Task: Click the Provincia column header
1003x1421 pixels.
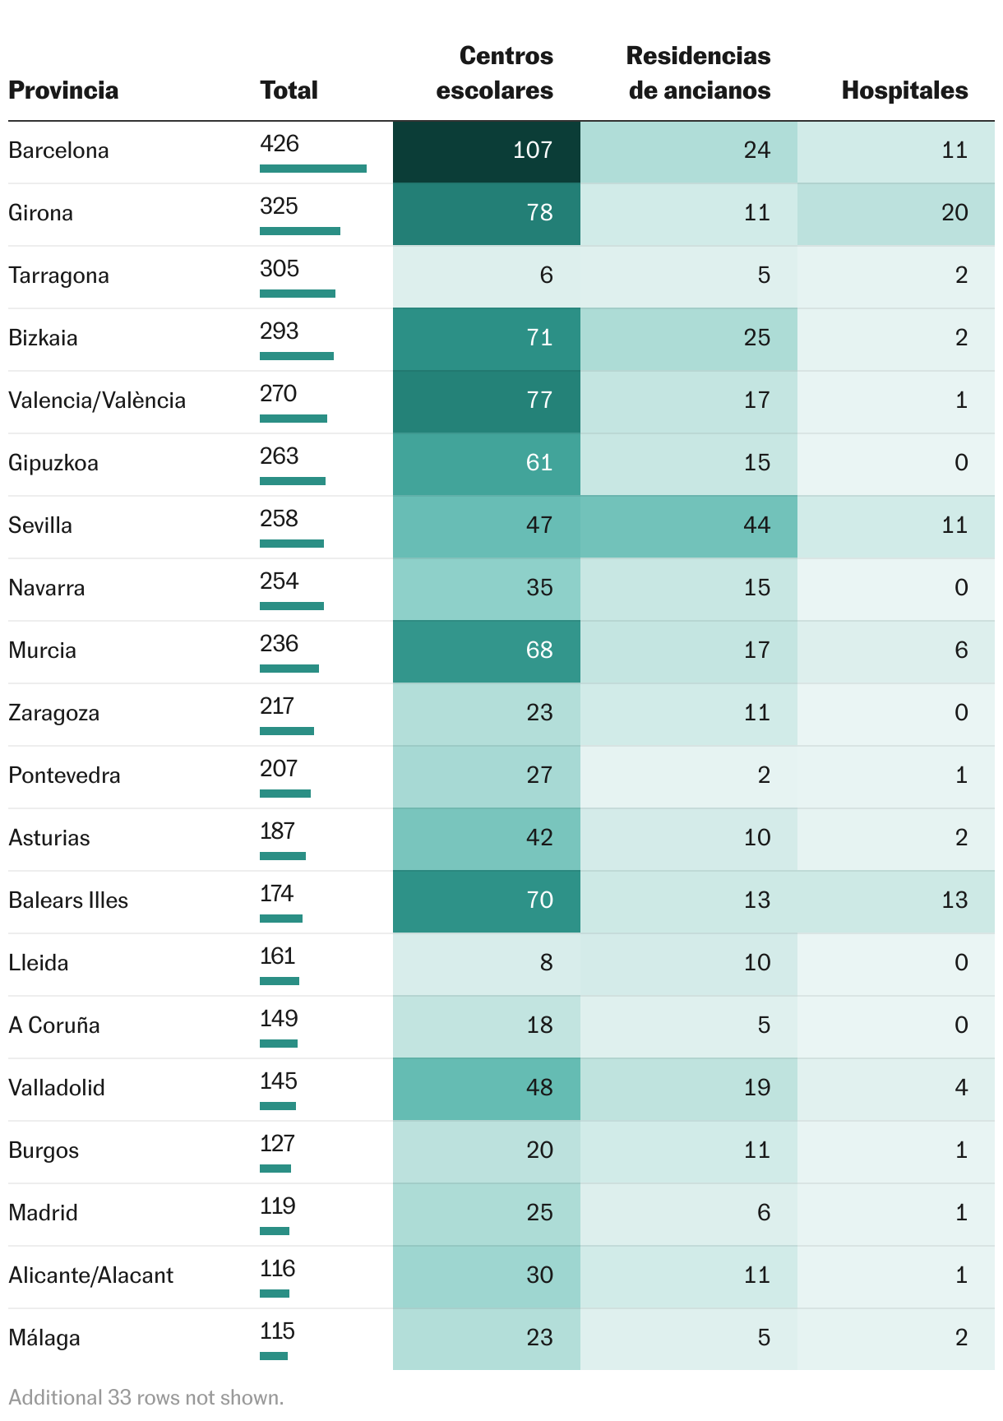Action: point(63,90)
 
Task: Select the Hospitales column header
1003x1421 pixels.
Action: point(904,90)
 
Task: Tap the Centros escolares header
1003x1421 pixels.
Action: point(495,72)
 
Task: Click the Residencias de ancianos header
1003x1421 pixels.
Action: point(699,72)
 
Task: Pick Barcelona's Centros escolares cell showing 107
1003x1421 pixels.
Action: point(532,150)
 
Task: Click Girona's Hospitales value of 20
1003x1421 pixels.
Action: point(954,213)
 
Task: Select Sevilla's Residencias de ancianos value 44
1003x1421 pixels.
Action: point(756,525)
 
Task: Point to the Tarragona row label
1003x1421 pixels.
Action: point(58,275)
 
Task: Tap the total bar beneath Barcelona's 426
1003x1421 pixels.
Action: point(312,169)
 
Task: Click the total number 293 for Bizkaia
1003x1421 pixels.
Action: point(279,331)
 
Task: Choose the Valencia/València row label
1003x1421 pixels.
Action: point(97,400)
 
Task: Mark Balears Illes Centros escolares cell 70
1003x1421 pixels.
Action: point(539,900)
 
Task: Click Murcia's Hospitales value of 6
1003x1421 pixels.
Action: point(961,650)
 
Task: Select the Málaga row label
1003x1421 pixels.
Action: point(44,1338)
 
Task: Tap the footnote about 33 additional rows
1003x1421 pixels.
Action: point(146,1397)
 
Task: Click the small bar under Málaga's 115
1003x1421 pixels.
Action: point(274,1356)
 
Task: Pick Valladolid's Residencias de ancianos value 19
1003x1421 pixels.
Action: point(756,1088)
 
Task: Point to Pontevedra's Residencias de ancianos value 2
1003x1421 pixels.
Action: point(764,775)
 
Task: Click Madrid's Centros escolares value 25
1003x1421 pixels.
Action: point(539,1213)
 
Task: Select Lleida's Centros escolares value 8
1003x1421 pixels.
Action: point(546,963)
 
